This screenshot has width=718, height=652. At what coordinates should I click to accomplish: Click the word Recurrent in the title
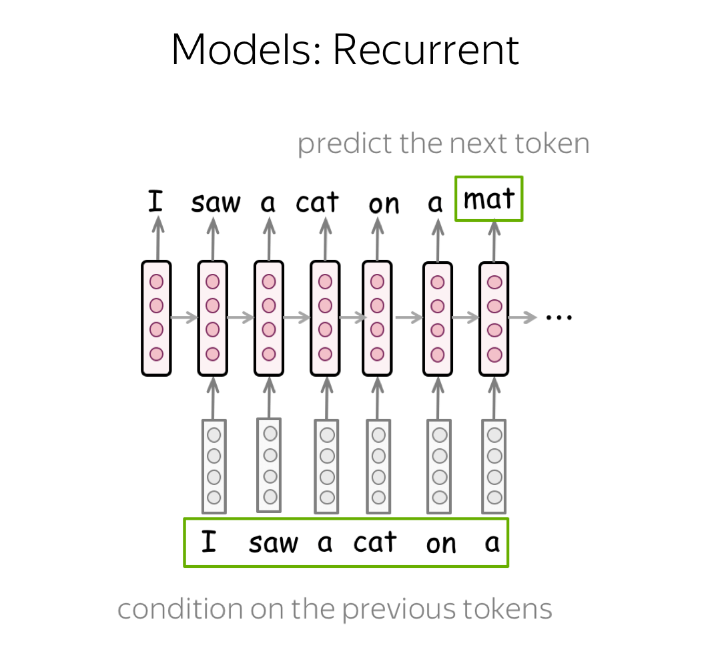[x=426, y=49]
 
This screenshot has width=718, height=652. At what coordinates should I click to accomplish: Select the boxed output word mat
[x=489, y=198]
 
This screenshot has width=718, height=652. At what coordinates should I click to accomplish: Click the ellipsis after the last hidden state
[x=559, y=317]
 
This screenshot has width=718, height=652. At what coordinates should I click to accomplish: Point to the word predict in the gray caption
[x=346, y=144]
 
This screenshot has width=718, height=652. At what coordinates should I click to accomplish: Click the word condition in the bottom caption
[x=180, y=609]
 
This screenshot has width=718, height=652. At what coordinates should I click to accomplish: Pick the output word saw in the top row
[x=216, y=202]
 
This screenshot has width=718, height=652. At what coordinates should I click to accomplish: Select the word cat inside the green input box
[x=374, y=542]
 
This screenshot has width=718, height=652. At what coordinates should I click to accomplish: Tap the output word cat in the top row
[x=318, y=202]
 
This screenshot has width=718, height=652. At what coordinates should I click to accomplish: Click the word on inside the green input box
[x=441, y=544]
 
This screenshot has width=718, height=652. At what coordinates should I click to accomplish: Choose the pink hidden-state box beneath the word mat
[x=494, y=319]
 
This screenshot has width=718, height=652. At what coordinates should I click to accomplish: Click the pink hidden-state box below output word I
[x=156, y=318]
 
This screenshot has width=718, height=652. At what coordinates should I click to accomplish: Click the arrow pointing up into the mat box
[x=494, y=241]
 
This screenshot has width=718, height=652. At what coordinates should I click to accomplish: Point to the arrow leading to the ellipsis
[x=522, y=317]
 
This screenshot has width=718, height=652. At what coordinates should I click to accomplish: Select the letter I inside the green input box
[x=209, y=542]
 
